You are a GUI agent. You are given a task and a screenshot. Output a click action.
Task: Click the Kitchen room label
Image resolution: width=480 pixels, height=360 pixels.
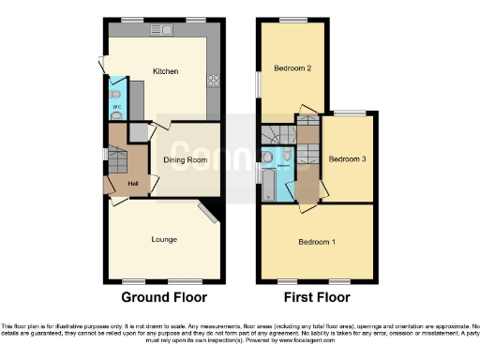coord(165,71)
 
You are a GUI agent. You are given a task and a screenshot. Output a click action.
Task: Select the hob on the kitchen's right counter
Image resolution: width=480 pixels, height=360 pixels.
coord(213,81)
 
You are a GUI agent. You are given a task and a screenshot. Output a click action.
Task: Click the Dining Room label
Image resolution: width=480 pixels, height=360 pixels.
coord(185,160)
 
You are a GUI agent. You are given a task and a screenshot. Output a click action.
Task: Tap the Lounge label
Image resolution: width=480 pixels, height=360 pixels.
coord(165,239)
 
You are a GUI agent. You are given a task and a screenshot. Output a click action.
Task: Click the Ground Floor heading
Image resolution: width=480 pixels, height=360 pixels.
coord(164,297)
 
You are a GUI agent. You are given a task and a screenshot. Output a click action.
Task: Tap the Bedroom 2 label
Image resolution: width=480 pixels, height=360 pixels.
coord(292,68)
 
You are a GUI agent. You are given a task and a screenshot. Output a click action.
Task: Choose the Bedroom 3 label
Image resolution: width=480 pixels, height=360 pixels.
coord(349,159)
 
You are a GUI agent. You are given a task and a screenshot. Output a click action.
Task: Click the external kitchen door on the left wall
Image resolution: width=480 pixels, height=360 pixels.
coord(104,65)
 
